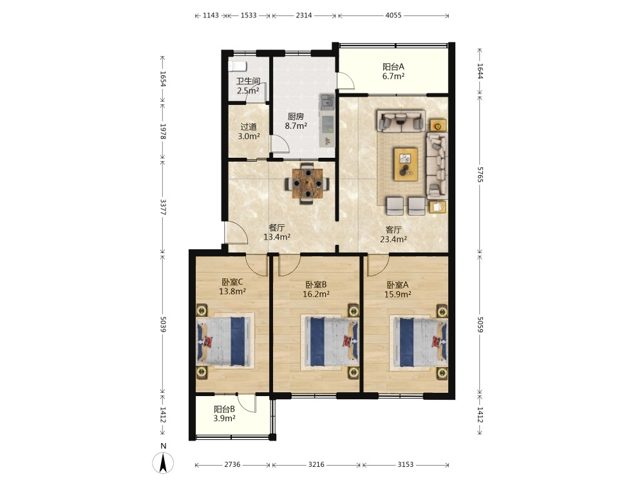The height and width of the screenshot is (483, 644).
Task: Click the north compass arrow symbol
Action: [x=163, y=463]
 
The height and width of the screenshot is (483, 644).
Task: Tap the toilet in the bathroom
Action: [x=237, y=66]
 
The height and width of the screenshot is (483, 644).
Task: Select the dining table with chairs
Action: [x=307, y=183]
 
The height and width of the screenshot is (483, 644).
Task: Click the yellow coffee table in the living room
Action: [x=406, y=164]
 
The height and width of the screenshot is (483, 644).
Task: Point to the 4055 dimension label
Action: [x=393, y=15]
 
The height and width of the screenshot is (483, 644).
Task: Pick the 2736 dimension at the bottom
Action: [x=232, y=464]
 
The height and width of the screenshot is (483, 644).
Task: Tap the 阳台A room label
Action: [x=393, y=66]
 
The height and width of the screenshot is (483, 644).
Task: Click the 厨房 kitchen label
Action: [x=296, y=117]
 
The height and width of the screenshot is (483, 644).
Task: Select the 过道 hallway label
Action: [x=249, y=127]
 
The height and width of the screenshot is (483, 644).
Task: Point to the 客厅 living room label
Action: [x=393, y=230]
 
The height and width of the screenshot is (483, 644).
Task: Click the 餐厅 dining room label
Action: [x=277, y=227]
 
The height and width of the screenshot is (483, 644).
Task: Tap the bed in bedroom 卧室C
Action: [x=225, y=341]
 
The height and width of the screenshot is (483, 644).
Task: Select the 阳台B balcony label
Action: [x=224, y=409]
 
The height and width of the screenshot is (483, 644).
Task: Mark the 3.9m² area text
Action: [x=224, y=419]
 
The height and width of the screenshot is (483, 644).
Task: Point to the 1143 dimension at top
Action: [x=211, y=15]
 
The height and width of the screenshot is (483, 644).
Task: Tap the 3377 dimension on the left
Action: [x=163, y=207]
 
